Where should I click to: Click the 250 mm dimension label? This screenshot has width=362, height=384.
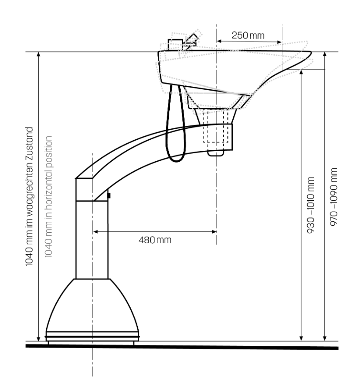click(248, 35)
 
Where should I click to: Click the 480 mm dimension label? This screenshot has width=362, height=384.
click(155, 240)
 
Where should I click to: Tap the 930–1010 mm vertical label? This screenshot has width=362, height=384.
click(310, 205)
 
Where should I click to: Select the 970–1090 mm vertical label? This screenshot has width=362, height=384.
click(334, 197)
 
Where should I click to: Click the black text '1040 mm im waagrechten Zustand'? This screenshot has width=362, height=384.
click(29, 197)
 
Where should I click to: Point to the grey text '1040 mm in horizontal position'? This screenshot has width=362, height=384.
click(49, 197)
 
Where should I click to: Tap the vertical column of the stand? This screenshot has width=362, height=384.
click(92, 239)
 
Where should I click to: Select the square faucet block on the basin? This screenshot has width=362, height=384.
click(175, 45)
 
